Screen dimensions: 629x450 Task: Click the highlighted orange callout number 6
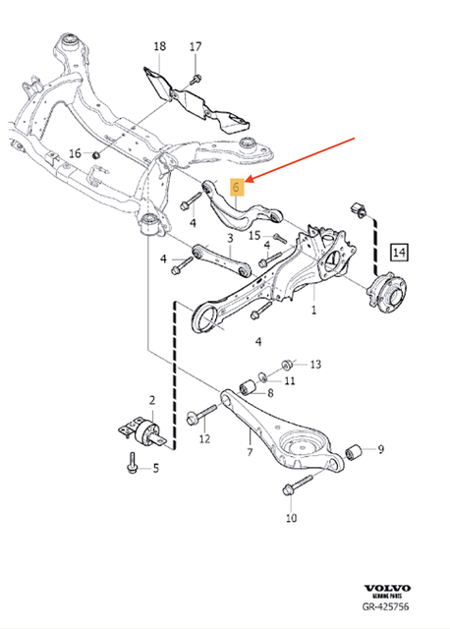pos(236,185)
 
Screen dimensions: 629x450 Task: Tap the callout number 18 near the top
pos(160,45)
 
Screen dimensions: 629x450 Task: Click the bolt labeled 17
pos(196,77)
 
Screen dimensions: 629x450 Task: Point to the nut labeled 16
pos(98,154)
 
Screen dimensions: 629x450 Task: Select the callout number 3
pos(228,238)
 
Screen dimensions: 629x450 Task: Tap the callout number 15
pos(253,236)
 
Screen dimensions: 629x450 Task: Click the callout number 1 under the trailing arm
pos(313,311)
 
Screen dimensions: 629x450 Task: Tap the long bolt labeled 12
pos(202,413)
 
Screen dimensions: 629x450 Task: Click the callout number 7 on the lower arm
pos(250,451)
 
